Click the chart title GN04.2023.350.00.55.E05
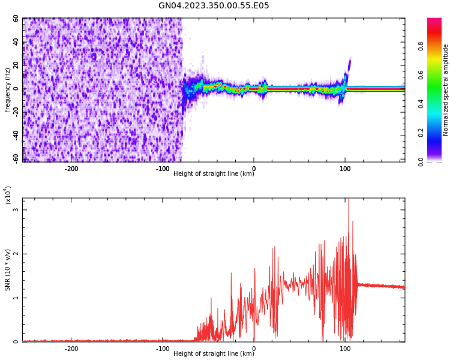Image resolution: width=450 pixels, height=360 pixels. pyautogui.click(x=214, y=6)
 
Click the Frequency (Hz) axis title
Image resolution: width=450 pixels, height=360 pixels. pyautogui.click(x=7, y=90)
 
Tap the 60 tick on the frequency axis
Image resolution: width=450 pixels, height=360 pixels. pyautogui.click(x=16, y=19)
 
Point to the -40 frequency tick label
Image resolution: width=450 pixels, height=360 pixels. pyautogui.click(x=14, y=136)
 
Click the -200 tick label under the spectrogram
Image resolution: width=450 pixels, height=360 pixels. pyautogui.click(x=71, y=169)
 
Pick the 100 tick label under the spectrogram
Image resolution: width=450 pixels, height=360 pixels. pyautogui.click(x=345, y=169)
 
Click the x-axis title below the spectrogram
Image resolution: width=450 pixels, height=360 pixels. pyautogui.click(x=214, y=174)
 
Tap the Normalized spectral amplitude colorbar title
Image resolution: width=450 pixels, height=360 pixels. pyautogui.click(x=446, y=90)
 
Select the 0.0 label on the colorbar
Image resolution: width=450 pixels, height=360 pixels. pyautogui.click(x=438, y=161)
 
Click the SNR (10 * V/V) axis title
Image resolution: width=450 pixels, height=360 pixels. pyautogui.click(x=7, y=270)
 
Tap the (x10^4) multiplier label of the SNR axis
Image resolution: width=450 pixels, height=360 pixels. pyautogui.click(x=7, y=196)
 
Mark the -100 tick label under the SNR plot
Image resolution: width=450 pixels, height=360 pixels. pyautogui.click(x=162, y=349)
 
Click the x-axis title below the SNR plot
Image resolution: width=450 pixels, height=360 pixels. pyautogui.click(x=214, y=354)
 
